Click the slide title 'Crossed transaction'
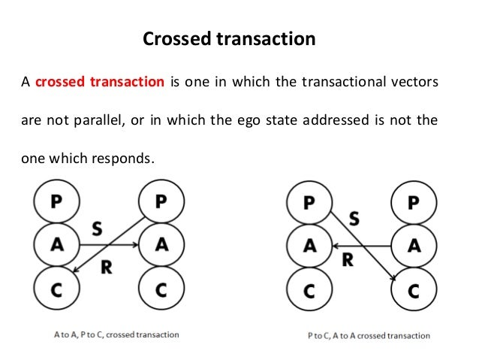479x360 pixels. pyautogui.click(x=229, y=37)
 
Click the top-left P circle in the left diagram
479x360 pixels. pyautogui.click(x=56, y=201)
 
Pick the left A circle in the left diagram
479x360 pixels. pyautogui.click(x=56, y=244)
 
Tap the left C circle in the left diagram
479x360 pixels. pyautogui.click(x=56, y=288)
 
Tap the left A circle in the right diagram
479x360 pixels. pyautogui.click(x=308, y=245)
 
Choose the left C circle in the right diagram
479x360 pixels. pyautogui.click(x=308, y=288)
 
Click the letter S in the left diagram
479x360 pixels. pyautogui.click(x=97, y=226)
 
